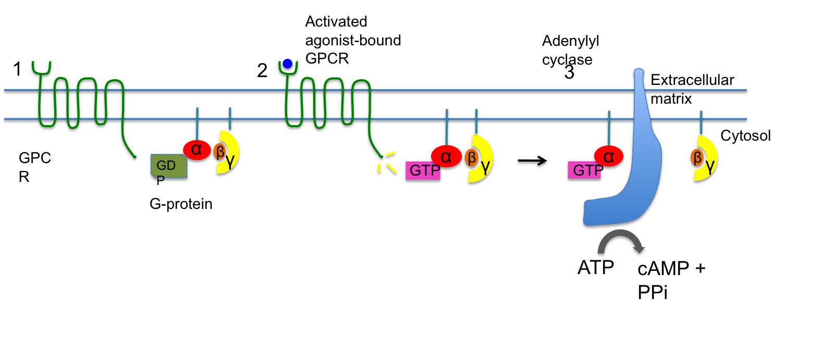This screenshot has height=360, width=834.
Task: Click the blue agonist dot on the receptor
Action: pos(287,64)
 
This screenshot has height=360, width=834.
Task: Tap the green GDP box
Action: pos(168,166)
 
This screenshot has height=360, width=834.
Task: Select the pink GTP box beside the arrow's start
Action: pos(423,170)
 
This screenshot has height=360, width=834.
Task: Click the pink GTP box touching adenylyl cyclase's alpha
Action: pos(584,170)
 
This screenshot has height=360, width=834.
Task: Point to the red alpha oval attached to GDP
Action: pos(197,150)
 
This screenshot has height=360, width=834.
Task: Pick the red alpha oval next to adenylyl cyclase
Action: pos(608,156)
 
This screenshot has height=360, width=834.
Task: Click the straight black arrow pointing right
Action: pos(532,160)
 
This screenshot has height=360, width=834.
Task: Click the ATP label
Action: pos(595,267)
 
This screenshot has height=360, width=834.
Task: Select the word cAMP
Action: pos(663,269)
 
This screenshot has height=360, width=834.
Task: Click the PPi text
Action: pos(652,293)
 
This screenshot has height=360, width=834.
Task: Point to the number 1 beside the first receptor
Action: pos(17,69)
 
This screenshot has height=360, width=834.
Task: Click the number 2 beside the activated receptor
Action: pos(262,70)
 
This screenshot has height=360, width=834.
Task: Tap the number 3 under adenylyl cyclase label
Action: pos(569,73)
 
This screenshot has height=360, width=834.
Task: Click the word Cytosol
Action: pos(745,135)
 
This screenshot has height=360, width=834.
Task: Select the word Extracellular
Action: pos(692,80)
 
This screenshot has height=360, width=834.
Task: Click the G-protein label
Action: pos(181,204)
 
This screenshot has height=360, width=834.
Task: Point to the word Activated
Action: pos(336,21)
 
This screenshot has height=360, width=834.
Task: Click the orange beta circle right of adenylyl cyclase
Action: pos(696,157)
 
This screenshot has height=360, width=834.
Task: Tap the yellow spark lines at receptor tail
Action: pos(386,163)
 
